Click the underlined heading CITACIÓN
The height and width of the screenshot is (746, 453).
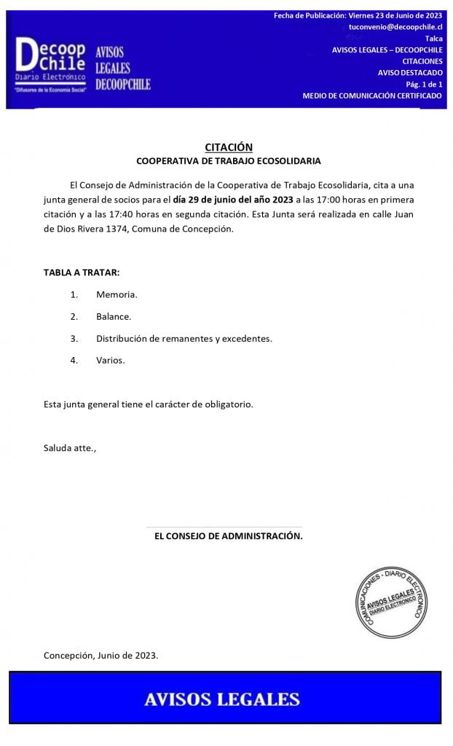228,147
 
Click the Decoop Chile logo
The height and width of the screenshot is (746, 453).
51,64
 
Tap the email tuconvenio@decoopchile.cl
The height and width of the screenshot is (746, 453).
395,26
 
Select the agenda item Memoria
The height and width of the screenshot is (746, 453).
117,294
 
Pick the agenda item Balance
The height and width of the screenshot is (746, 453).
114,316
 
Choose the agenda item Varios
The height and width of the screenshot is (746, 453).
110,360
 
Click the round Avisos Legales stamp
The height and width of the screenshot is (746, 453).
390,602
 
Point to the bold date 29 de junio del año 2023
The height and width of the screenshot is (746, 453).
233,200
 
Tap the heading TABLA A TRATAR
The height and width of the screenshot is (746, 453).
82,272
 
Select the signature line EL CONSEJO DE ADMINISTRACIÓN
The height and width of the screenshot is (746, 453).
228,536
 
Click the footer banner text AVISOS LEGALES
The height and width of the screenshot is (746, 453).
222,699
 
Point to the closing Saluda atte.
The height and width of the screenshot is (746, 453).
70,447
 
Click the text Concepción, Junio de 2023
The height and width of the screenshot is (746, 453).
101,655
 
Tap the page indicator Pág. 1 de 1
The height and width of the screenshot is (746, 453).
423,85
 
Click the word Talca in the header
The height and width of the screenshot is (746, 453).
433,38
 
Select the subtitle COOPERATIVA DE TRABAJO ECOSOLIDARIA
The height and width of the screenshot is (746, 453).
228,161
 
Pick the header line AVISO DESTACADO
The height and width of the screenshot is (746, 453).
410,73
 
